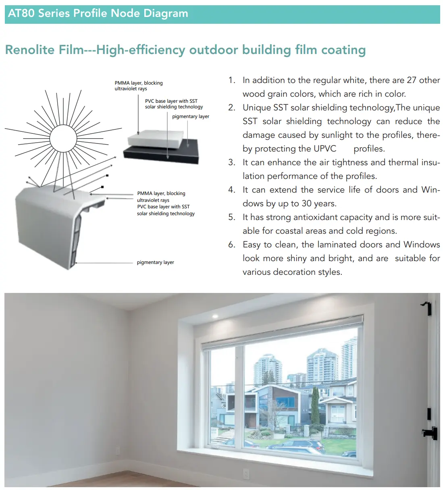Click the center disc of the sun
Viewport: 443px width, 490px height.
pos(63,139)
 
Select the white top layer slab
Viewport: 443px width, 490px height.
pos(156,139)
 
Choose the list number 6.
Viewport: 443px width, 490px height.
pos(232,245)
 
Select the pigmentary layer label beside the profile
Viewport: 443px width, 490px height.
pos(156,262)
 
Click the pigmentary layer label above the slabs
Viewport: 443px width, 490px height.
pos(191,116)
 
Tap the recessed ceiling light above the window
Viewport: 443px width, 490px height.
pos(215,316)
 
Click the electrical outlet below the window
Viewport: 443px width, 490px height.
pos(246,473)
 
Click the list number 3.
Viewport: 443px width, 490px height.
pos(232,162)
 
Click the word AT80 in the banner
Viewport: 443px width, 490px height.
pos(21,13)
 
